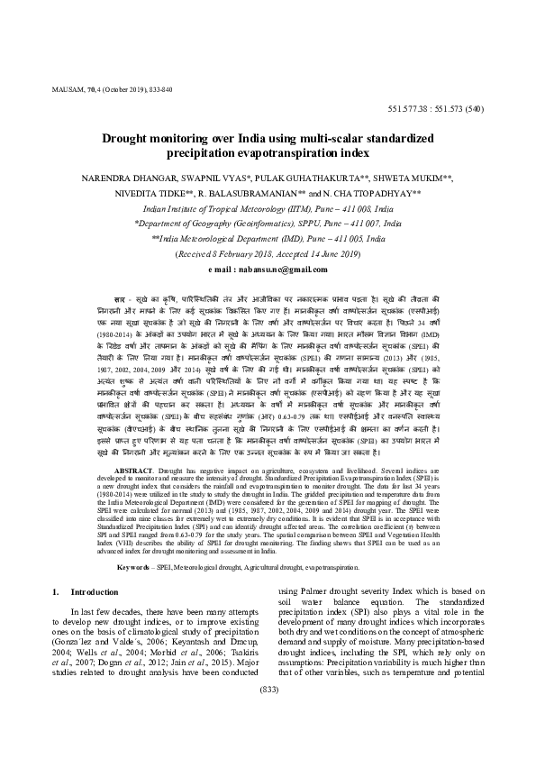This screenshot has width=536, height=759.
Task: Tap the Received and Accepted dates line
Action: click(x=268, y=255)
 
